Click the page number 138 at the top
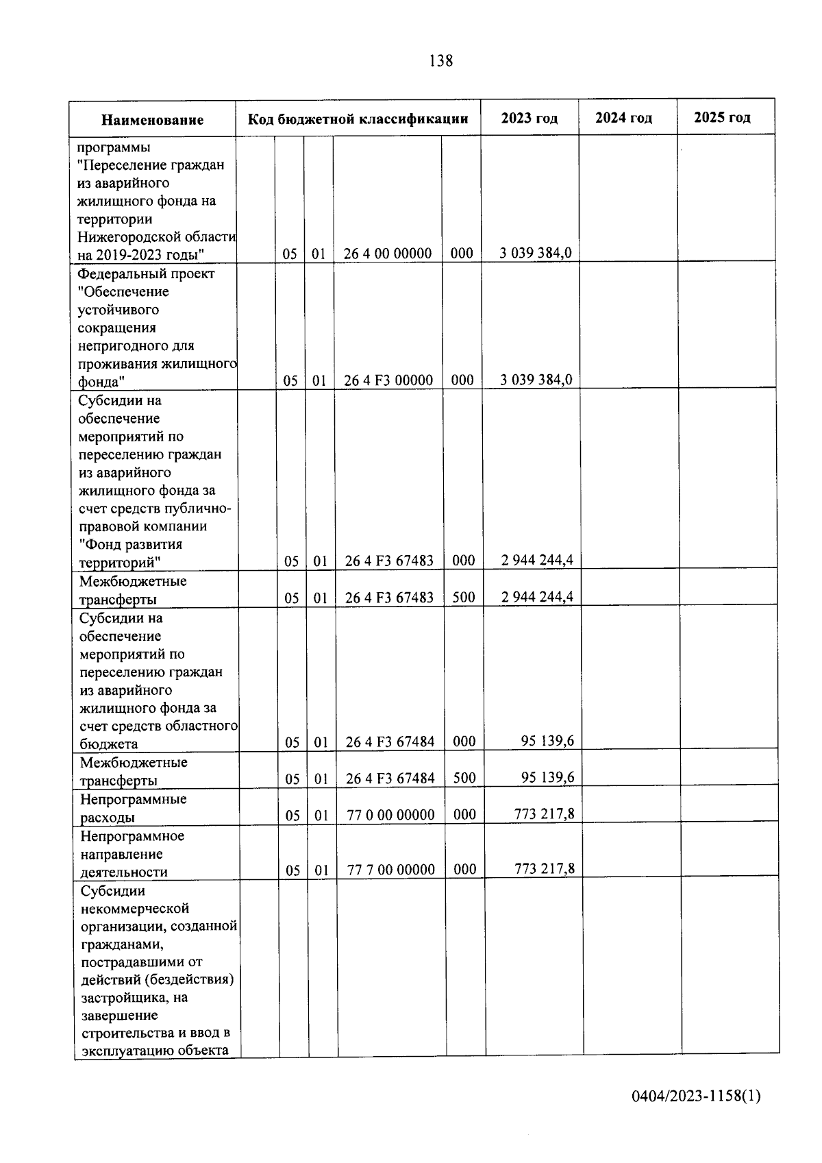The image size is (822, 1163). point(440,61)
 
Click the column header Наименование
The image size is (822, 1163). point(152,120)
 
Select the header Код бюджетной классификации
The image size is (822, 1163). point(358,119)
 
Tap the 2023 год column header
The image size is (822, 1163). point(530,118)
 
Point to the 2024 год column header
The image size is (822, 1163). point(623,118)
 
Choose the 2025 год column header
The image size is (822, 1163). point(722,117)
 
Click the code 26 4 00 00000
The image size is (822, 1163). point(388,254)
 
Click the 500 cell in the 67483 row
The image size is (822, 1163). point(464,597)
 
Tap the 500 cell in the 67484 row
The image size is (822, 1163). point(464,778)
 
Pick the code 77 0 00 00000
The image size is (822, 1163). point(390,815)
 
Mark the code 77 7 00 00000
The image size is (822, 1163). point(390,870)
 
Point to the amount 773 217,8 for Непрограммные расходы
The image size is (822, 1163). point(544,813)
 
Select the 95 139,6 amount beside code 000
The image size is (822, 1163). point(547,741)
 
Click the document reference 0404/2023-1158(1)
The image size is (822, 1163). point(696,1096)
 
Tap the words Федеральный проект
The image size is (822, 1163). point(146,273)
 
